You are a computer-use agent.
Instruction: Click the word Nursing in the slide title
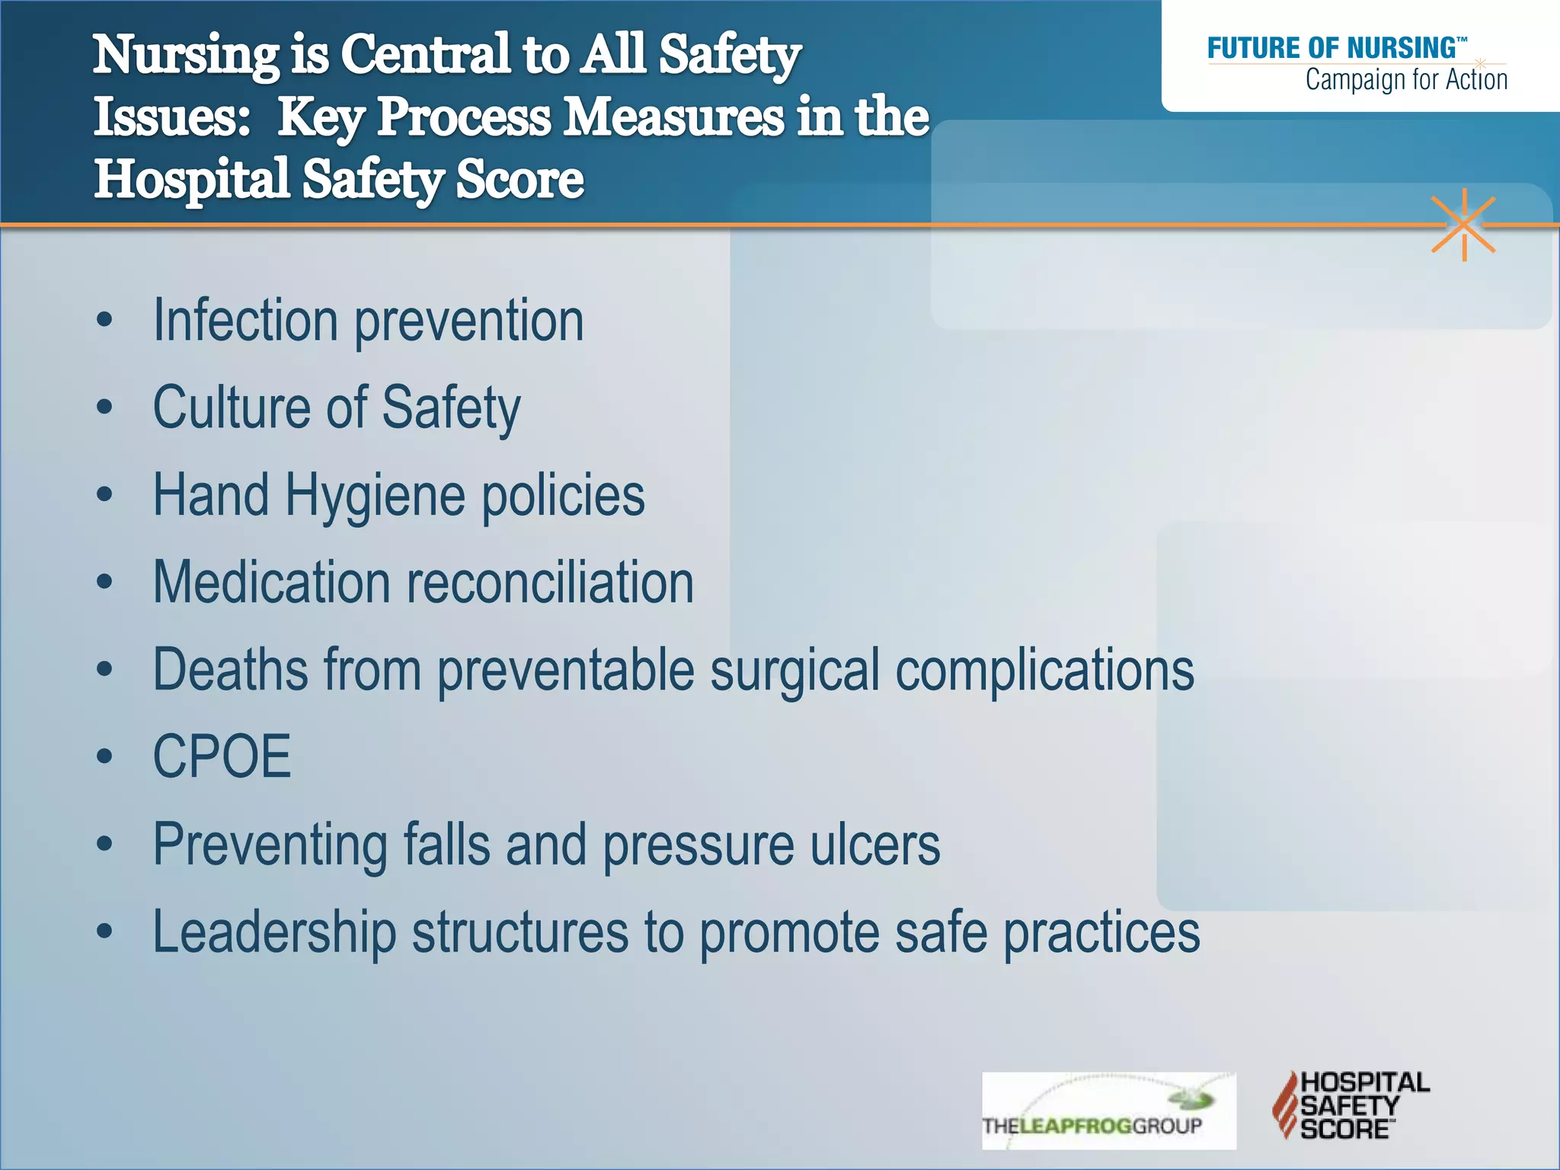pyautogui.click(x=186, y=56)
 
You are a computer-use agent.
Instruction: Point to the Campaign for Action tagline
pyautogui.click(x=1405, y=79)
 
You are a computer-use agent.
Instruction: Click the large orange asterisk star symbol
pyautogui.click(x=1463, y=225)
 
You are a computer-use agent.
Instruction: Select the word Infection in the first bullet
pyautogui.click(x=245, y=321)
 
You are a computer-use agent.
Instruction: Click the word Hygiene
pyautogui.click(x=375, y=496)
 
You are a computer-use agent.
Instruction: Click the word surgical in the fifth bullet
pyautogui.click(x=795, y=670)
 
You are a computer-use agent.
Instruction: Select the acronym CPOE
pyautogui.click(x=222, y=757)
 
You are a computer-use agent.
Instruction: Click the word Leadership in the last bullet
pyautogui.click(x=274, y=932)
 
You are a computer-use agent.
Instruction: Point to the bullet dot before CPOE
pyautogui.click(x=104, y=756)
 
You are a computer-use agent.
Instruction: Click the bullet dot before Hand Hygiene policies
pyautogui.click(x=104, y=495)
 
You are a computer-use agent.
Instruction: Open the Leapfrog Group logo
pyautogui.click(x=1108, y=1111)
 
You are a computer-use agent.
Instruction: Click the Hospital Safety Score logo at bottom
pyautogui.click(x=1351, y=1105)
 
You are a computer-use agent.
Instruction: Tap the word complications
pyautogui.click(x=1044, y=670)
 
